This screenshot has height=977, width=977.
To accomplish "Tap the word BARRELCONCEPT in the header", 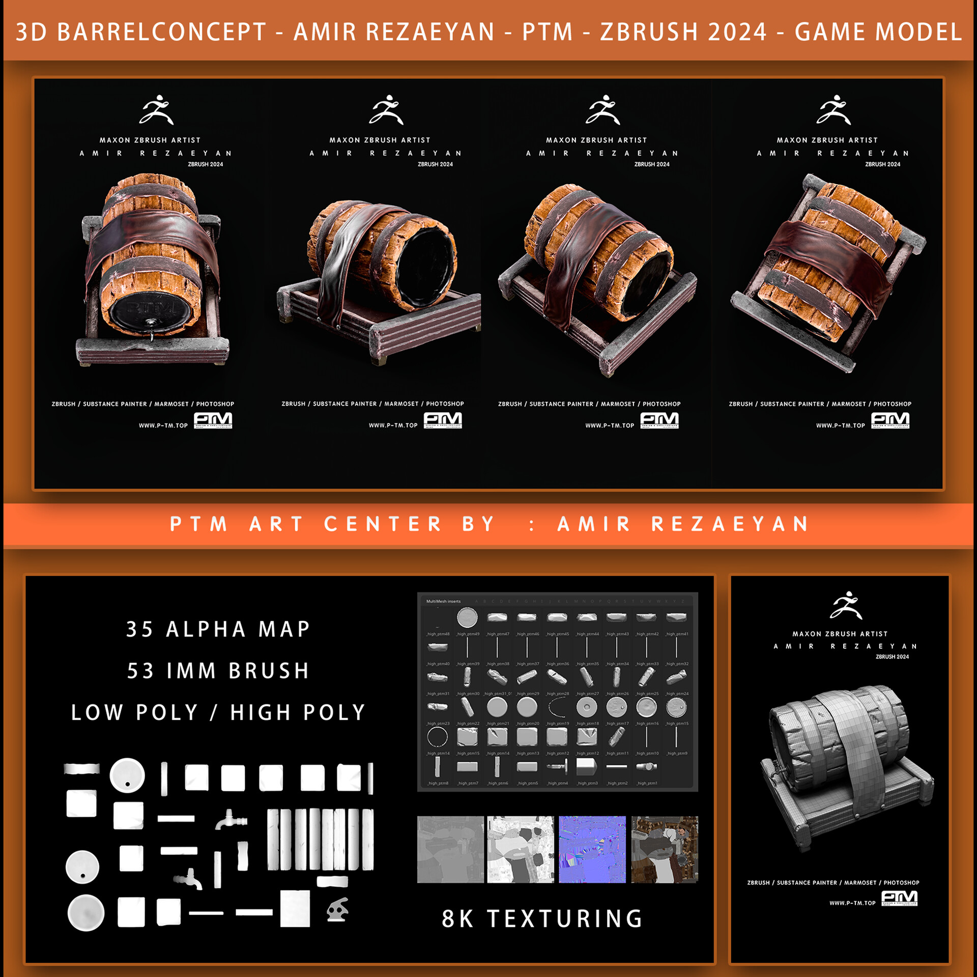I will (162, 32).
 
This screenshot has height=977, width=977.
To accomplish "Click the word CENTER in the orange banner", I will (383, 524).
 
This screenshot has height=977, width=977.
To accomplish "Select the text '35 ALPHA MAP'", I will (219, 629).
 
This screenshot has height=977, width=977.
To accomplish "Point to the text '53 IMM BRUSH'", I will (219, 671).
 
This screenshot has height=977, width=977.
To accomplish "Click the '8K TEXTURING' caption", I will (542, 918).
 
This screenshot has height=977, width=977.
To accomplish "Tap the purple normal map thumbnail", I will (592, 849).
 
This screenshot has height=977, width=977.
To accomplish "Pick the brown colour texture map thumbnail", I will (665, 849).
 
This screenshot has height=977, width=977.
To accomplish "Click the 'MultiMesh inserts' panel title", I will (443, 601).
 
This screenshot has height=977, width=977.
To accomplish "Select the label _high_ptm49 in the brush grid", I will (468, 634).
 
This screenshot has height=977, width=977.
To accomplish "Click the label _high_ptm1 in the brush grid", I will (647, 783).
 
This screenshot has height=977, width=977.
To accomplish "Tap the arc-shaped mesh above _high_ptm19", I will (557, 707).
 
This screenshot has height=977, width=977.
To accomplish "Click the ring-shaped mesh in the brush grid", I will (438, 736).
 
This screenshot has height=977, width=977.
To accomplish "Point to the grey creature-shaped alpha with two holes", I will (337, 909).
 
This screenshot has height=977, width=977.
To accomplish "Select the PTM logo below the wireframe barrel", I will (899, 899).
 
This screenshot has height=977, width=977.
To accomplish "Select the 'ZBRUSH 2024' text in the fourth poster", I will (882, 164).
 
